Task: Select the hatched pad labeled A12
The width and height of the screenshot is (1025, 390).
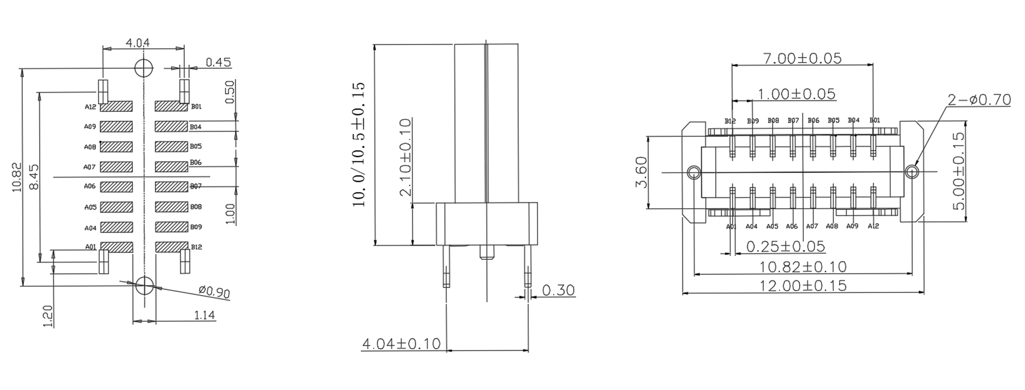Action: pyautogui.click(x=116, y=106)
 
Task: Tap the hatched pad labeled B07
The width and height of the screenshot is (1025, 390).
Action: pyautogui.click(x=171, y=187)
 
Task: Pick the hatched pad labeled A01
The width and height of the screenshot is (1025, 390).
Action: pyautogui.click(x=116, y=247)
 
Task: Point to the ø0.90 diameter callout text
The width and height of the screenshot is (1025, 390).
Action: pyautogui.click(x=214, y=292)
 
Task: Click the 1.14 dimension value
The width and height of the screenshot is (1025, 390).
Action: pyautogui.click(x=205, y=315)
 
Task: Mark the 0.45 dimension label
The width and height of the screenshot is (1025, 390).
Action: pyautogui.click(x=218, y=62)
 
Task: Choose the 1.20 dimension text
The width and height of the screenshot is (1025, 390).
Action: pyautogui.click(x=48, y=316)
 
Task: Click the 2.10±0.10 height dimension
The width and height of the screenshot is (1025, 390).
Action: pyautogui.click(x=406, y=157)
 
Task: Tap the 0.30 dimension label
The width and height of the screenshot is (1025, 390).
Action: pyautogui.click(x=558, y=291)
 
